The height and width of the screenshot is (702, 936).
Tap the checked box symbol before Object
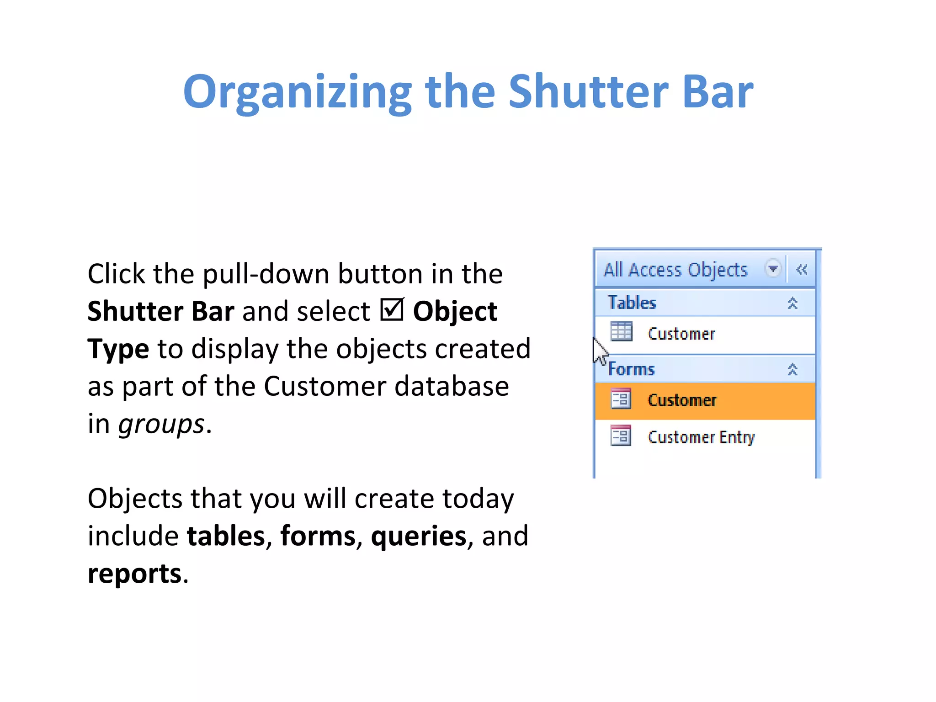click(x=392, y=310)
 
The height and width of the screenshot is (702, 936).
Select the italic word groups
click(x=161, y=425)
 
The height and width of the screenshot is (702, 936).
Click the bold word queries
click(x=418, y=537)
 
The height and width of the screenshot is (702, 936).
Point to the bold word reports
click(x=134, y=574)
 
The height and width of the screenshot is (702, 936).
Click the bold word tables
click(x=226, y=536)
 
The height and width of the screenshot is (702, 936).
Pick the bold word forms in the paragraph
click(x=318, y=536)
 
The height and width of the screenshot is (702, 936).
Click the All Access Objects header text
click(x=675, y=270)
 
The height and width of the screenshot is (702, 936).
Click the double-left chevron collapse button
click(x=802, y=270)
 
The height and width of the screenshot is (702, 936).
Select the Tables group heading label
click(x=632, y=303)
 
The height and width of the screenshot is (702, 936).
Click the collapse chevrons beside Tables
click(x=792, y=303)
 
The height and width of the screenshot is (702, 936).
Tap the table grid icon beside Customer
click(x=621, y=331)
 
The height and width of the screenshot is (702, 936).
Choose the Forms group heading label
click(x=632, y=369)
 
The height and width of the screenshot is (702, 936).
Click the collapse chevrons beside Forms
click(x=792, y=369)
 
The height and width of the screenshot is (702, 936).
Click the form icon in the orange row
click(x=621, y=399)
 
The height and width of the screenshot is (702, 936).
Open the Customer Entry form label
click(x=701, y=437)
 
